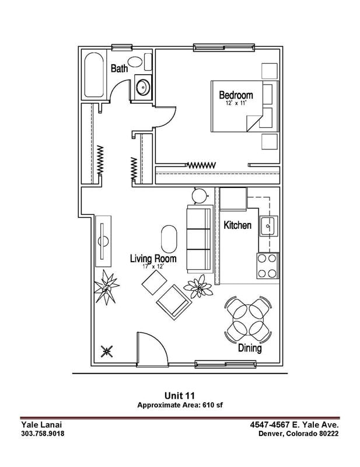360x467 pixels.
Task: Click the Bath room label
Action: coord(120,69)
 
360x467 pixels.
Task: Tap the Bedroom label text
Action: coord(236,95)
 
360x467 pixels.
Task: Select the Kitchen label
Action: coord(237,225)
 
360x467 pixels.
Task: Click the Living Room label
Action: coord(153,258)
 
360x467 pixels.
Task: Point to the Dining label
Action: coord(249,348)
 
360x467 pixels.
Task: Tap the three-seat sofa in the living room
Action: coord(198,239)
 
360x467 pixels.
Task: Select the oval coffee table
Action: coord(169,238)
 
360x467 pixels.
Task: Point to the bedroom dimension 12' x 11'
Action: coord(236,103)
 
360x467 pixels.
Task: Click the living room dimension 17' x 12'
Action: coord(153,266)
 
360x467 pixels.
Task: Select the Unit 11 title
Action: coord(179,395)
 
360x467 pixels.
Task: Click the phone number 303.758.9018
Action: coord(43,434)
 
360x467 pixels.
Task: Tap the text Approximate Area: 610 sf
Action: coord(179,405)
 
